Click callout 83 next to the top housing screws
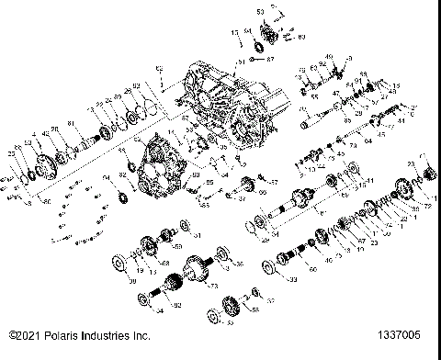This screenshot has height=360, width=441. pyautogui.click(x=276, y=37)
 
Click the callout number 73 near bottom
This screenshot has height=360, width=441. pyautogui.click(x=213, y=287)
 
